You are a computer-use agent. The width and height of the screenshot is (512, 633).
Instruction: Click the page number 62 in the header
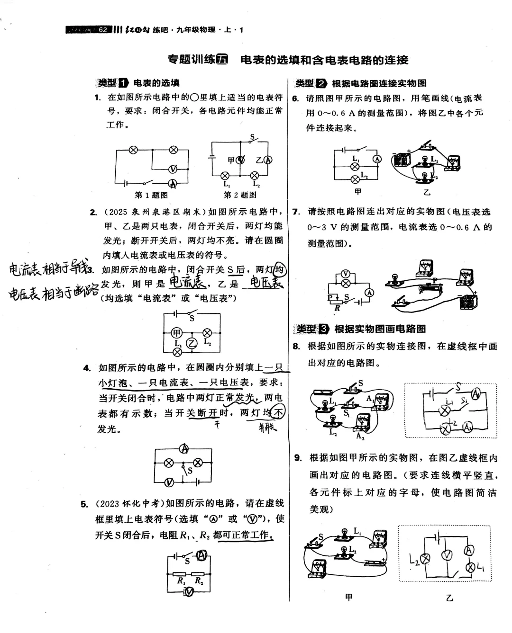pyautogui.click(x=103, y=30)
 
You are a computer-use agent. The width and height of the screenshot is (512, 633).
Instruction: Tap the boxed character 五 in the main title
pyautogui.click(x=222, y=60)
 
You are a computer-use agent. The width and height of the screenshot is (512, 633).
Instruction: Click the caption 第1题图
pyautogui.click(x=151, y=195)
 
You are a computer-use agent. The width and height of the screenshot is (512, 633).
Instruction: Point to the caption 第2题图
pyautogui.click(x=240, y=195)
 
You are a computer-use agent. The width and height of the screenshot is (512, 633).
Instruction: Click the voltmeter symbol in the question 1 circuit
pyautogui.click(x=174, y=169)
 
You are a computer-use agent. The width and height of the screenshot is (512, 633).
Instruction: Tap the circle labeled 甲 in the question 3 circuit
pyautogui.click(x=177, y=332)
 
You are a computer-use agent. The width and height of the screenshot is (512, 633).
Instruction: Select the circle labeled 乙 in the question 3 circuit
pyautogui.click(x=192, y=343)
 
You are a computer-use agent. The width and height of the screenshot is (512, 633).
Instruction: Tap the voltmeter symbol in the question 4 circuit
pyautogui.click(x=169, y=482)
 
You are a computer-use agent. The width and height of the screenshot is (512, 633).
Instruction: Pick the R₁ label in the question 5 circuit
pyautogui.click(x=181, y=580)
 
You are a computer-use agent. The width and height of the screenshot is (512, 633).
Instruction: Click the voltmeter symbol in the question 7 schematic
pyautogui.click(x=346, y=274)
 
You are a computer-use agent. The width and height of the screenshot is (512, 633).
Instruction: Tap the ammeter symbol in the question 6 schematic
pyautogui.click(x=377, y=159)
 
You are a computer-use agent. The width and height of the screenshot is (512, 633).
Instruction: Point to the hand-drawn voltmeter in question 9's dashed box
pyautogui.click(x=447, y=555)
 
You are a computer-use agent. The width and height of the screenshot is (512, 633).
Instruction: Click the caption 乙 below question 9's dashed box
pyautogui.click(x=449, y=598)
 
